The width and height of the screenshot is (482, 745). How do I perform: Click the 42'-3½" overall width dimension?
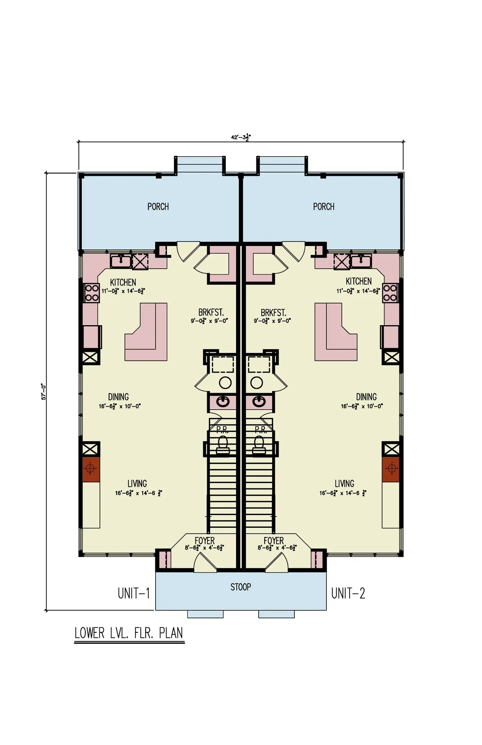[241, 137]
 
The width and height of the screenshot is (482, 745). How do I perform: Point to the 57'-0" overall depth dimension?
[44, 391]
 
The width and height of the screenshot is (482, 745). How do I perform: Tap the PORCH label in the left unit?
[158, 207]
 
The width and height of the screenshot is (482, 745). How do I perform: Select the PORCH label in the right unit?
[323, 207]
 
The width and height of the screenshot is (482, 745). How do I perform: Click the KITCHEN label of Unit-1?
[123, 282]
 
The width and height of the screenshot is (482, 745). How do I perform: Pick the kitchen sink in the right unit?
[361, 261]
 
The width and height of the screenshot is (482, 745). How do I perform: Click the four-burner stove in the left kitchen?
[92, 293]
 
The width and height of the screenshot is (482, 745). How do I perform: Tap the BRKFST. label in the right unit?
[273, 313]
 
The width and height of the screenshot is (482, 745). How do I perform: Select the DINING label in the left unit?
[118, 397]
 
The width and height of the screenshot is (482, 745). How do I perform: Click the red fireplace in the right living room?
[391, 469]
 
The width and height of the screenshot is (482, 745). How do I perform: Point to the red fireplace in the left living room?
[91, 469]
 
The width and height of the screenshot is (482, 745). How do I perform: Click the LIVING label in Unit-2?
[344, 484]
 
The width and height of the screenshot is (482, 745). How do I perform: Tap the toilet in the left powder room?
[223, 445]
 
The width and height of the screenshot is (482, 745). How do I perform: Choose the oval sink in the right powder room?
[259, 401]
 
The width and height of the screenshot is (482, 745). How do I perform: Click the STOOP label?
[241, 587]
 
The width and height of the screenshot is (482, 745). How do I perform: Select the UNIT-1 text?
[134, 593]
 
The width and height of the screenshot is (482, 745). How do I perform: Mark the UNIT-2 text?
[348, 593]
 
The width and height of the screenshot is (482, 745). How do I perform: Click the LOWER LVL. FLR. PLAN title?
[129, 633]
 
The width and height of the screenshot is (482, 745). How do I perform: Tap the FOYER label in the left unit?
[204, 540]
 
